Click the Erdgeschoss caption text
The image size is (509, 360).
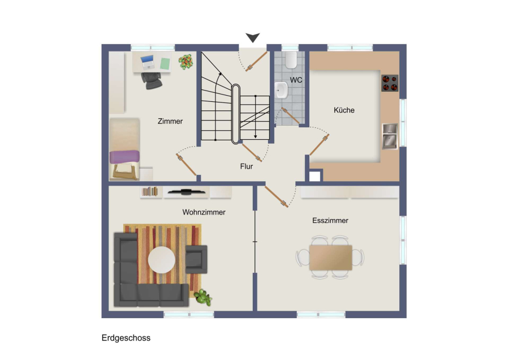tap(126, 338)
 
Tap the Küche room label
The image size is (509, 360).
tap(344, 110)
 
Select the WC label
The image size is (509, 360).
tap(296, 80)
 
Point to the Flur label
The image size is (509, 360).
tap(247, 166)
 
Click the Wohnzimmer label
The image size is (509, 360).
tap(204, 212)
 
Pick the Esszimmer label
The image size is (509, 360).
tap(330, 221)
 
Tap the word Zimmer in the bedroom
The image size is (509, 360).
tap(170, 121)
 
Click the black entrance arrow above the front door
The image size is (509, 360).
tap(253, 37)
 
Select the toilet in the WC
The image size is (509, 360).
tap(291, 60)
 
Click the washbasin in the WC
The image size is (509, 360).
tap(281, 90)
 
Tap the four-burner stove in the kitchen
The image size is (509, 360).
tap(390, 83)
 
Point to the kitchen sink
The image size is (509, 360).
tap(390, 136)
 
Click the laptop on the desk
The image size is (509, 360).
tap(148, 62)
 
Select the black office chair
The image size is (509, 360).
tap(152, 80)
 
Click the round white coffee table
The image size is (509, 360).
tap(162, 260)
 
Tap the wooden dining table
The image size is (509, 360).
tap(330, 258)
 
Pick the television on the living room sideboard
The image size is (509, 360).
tap(186, 192)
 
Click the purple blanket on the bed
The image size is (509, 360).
tap(124, 157)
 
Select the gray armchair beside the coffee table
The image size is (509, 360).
tap(196, 259)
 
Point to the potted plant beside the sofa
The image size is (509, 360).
tap(203, 297)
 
